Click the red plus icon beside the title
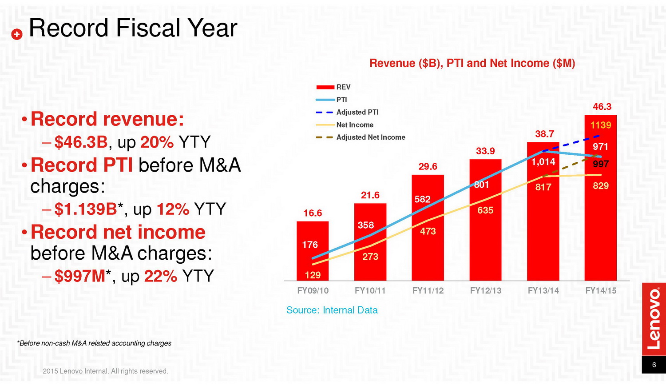click(17, 34)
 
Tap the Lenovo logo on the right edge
click(654, 319)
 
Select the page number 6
click(654, 365)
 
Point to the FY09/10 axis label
click(313, 291)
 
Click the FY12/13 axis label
click(485, 291)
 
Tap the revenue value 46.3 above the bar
click(602, 107)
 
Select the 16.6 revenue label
click(313, 213)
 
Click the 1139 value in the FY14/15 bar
click(600, 125)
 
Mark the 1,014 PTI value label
click(543, 162)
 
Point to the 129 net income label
click(313, 275)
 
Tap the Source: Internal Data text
click(332, 310)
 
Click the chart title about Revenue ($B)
click(472, 63)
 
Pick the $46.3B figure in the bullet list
click(81, 142)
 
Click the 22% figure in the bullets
click(160, 276)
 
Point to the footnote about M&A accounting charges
click(94, 343)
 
